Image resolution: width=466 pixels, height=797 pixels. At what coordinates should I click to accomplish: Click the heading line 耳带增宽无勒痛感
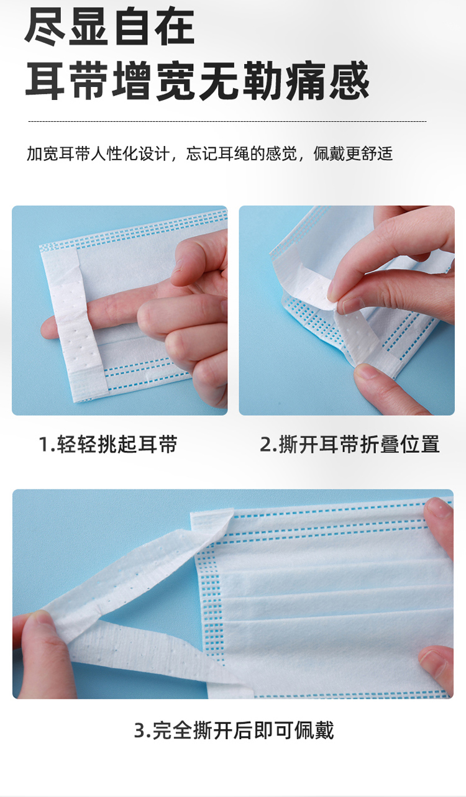pos(197,80)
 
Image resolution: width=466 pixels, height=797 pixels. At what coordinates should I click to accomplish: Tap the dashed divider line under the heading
pos(227,121)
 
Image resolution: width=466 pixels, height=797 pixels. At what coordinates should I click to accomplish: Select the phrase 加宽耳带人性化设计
pos(98,153)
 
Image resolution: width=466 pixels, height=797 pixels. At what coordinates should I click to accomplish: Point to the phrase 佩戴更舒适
pos(353,153)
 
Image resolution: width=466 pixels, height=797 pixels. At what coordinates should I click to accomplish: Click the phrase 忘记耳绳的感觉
pos(242,153)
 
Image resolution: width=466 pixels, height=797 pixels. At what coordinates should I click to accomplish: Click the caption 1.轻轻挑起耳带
pos(108,444)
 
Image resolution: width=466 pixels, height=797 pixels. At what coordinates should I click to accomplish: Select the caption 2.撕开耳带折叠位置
pos(350,444)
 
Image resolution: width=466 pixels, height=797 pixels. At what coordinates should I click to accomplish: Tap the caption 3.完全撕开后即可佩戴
pos(234,731)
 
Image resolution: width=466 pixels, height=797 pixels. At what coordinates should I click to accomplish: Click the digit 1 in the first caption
pos(43,445)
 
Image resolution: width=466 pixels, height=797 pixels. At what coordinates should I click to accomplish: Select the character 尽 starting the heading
pos(45,26)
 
